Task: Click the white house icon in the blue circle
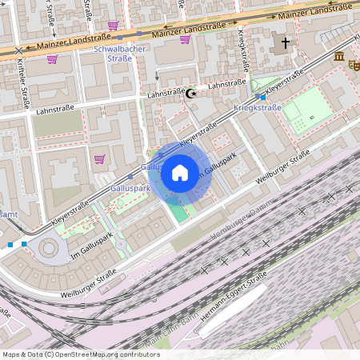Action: point(180,173)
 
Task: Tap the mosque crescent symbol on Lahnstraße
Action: point(190,94)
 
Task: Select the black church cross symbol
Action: point(285,42)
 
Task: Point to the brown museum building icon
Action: point(340,56)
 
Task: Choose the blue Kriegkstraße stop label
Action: point(258,107)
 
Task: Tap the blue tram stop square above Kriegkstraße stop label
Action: point(262,97)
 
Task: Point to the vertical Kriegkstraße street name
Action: point(242,48)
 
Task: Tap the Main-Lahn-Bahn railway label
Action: point(170,341)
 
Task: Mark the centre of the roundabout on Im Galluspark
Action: point(50,249)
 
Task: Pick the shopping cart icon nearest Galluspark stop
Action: point(99,158)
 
